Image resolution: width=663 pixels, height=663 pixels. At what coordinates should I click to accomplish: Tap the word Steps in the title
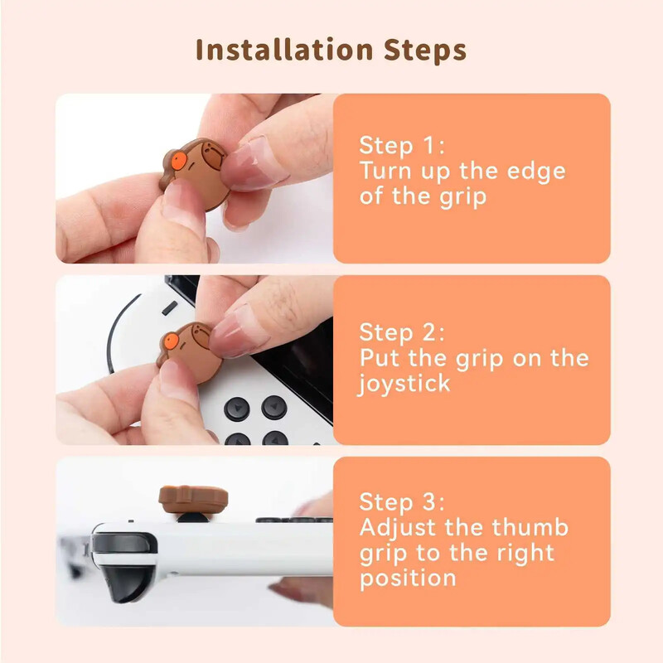click(x=425, y=50)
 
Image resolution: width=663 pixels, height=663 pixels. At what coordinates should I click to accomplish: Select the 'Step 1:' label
click(x=401, y=146)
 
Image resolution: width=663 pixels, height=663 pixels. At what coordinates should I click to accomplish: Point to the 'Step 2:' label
click(x=401, y=333)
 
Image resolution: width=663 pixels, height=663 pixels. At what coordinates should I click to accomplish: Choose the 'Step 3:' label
click(x=401, y=502)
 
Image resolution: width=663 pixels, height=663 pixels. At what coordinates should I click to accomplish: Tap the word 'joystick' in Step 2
click(x=404, y=385)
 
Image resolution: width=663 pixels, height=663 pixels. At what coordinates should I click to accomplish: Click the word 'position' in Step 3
click(x=407, y=578)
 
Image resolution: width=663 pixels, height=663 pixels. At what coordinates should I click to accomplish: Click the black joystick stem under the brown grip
click(x=193, y=519)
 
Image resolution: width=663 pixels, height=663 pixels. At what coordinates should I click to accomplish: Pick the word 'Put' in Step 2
click(x=380, y=359)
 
